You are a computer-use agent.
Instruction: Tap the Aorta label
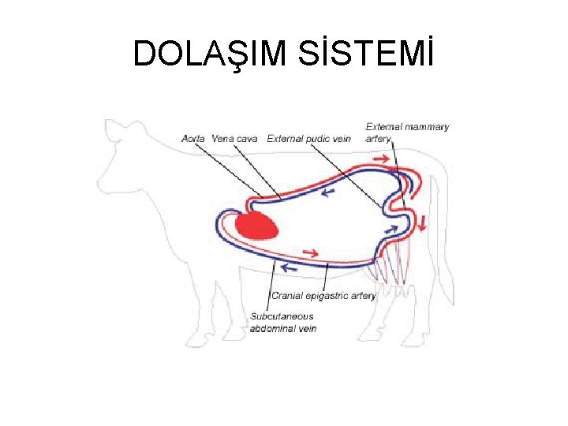tap(193, 139)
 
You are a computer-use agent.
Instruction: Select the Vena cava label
tap(234, 139)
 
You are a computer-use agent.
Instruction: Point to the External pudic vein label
tap(308, 139)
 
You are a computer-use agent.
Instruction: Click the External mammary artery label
tap(407, 132)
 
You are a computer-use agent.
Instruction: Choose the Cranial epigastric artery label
tap(323, 296)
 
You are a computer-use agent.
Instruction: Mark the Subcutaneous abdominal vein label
tap(282, 322)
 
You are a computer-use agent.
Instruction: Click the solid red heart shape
tap(257, 226)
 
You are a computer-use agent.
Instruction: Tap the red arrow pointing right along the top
tap(380, 160)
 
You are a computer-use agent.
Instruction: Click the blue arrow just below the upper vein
tap(326, 192)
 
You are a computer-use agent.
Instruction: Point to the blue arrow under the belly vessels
tap(290, 269)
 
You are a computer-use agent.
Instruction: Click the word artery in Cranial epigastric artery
tap(362, 296)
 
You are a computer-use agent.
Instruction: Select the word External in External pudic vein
tap(285, 139)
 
